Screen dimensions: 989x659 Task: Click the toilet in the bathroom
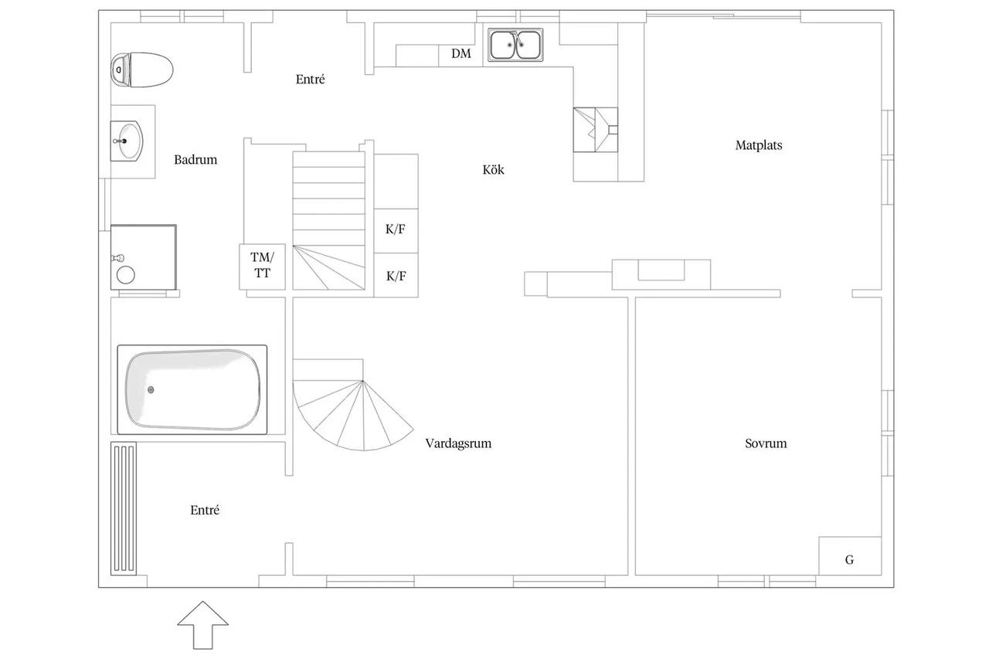point(141,70)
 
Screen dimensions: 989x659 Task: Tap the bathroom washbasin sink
point(127,141)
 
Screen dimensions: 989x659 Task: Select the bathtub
point(192,389)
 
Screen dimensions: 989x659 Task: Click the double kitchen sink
point(515,45)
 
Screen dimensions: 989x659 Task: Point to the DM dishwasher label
point(461,54)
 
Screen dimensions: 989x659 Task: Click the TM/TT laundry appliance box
point(262,267)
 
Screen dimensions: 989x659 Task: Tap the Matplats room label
point(759,145)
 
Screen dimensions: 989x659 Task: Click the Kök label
point(493,169)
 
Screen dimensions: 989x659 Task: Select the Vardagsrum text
point(458,443)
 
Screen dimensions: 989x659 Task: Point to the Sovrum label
point(766,443)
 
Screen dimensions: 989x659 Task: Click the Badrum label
point(195,159)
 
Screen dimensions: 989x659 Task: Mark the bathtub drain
point(151,389)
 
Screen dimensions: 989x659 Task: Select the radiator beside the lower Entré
point(124,508)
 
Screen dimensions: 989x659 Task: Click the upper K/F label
point(395,229)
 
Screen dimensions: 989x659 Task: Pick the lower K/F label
point(396,277)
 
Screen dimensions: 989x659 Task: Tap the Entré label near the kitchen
point(310,80)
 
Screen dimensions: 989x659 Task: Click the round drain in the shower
point(126,275)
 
